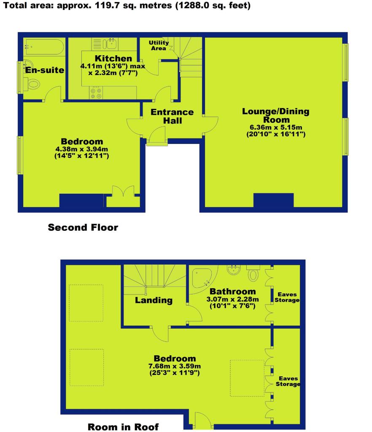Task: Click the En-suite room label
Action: point(45,70)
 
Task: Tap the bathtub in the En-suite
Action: point(44,47)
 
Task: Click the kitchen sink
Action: point(110,44)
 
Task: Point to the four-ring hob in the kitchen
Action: point(96,92)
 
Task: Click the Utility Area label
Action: point(159,46)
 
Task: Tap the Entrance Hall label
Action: point(172,116)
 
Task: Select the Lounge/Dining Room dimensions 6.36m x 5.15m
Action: point(276,127)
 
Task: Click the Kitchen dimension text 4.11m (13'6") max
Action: point(113,66)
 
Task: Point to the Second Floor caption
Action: point(83,227)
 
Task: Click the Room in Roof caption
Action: point(123,427)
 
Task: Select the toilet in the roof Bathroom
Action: point(253,273)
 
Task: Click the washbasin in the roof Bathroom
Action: point(234,270)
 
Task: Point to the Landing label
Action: point(154,300)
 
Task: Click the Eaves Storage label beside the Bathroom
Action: point(287,297)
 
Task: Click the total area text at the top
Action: point(127,5)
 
